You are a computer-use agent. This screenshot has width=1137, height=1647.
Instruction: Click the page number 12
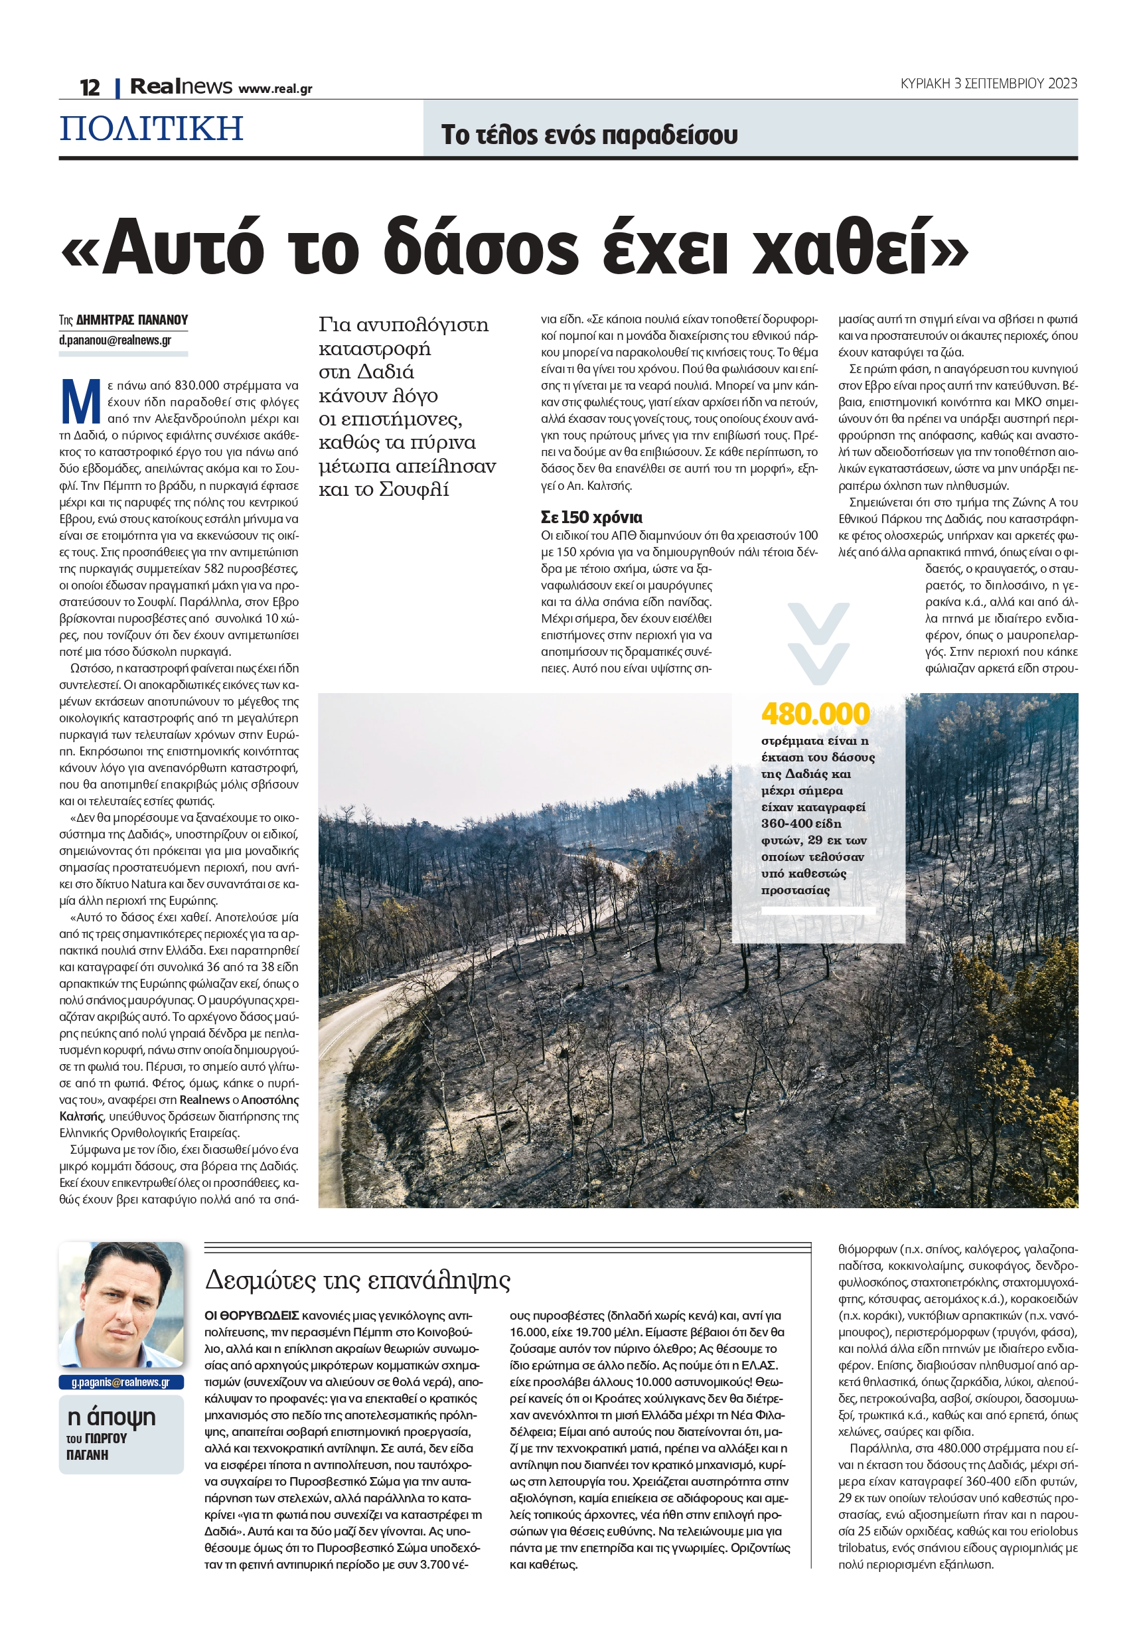point(90,88)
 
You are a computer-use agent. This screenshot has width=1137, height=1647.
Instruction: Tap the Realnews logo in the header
point(181,87)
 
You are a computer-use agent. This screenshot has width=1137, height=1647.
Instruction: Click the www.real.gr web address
point(275,89)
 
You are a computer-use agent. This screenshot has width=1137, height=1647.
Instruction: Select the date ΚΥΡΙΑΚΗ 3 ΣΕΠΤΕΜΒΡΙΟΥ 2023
point(988,84)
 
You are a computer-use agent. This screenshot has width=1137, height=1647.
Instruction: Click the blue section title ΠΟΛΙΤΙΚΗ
point(151,129)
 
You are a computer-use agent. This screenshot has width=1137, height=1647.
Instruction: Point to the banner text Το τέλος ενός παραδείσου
point(589,135)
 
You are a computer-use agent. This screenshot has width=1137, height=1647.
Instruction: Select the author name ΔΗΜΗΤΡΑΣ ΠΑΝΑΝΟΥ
point(132,320)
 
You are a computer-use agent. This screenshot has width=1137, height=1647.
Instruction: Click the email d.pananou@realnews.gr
point(115,340)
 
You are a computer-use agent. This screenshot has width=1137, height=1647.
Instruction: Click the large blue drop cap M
point(80,402)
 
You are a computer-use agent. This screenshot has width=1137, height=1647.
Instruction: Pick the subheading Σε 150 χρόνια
point(591,517)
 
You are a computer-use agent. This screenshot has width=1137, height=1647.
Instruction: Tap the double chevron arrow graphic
point(818,643)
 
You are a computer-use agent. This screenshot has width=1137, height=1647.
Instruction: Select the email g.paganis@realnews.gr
point(121,1382)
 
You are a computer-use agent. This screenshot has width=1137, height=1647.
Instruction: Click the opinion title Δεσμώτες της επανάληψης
point(358,1280)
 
